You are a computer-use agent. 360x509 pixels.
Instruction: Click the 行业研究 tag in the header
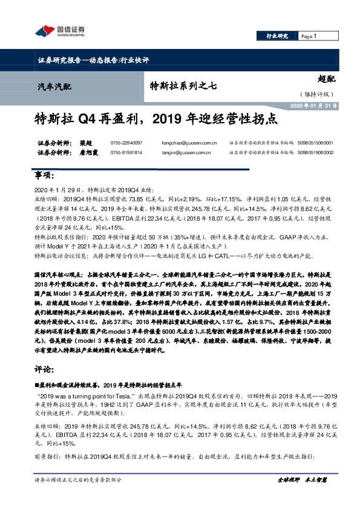pyautogui.click(x=278, y=37)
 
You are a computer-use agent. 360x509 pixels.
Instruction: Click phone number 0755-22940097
pyautogui.click(x=129, y=144)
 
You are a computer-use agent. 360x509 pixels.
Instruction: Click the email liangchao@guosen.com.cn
pyautogui.click(x=191, y=144)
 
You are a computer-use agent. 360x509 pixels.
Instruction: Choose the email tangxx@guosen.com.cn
pyautogui.click(x=189, y=154)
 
